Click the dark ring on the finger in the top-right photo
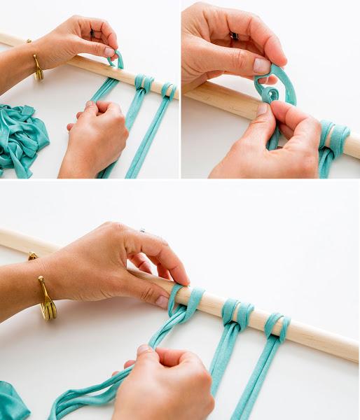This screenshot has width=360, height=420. pos(234,36)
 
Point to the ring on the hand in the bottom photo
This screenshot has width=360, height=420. pos(142,230)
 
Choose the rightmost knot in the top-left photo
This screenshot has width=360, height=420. pos(168,90)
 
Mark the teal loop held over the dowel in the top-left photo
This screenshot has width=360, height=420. pos(115,60)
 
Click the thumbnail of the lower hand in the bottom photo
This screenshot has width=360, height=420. pos(144,349)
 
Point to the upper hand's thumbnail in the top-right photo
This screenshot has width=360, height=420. pos(262,65)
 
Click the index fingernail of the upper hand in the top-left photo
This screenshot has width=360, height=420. pos(109,51)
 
